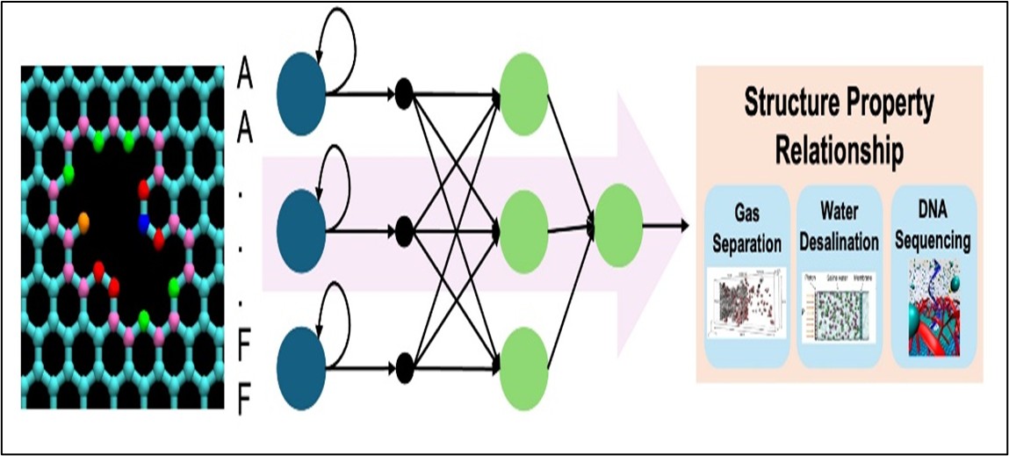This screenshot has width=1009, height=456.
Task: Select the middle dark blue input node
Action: (x=301, y=230)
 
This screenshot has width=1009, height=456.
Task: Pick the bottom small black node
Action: (x=404, y=362)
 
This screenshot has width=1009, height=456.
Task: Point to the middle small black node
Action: (x=404, y=232)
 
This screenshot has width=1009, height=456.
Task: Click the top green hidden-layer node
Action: (x=523, y=95)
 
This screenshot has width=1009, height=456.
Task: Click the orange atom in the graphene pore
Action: (x=83, y=220)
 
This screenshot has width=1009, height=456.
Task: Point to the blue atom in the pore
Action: (x=143, y=224)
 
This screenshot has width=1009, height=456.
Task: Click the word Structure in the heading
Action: (x=797, y=104)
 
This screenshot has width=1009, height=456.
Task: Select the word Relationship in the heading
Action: (x=838, y=151)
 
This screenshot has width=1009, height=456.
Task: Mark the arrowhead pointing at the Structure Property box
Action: (x=683, y=226)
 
